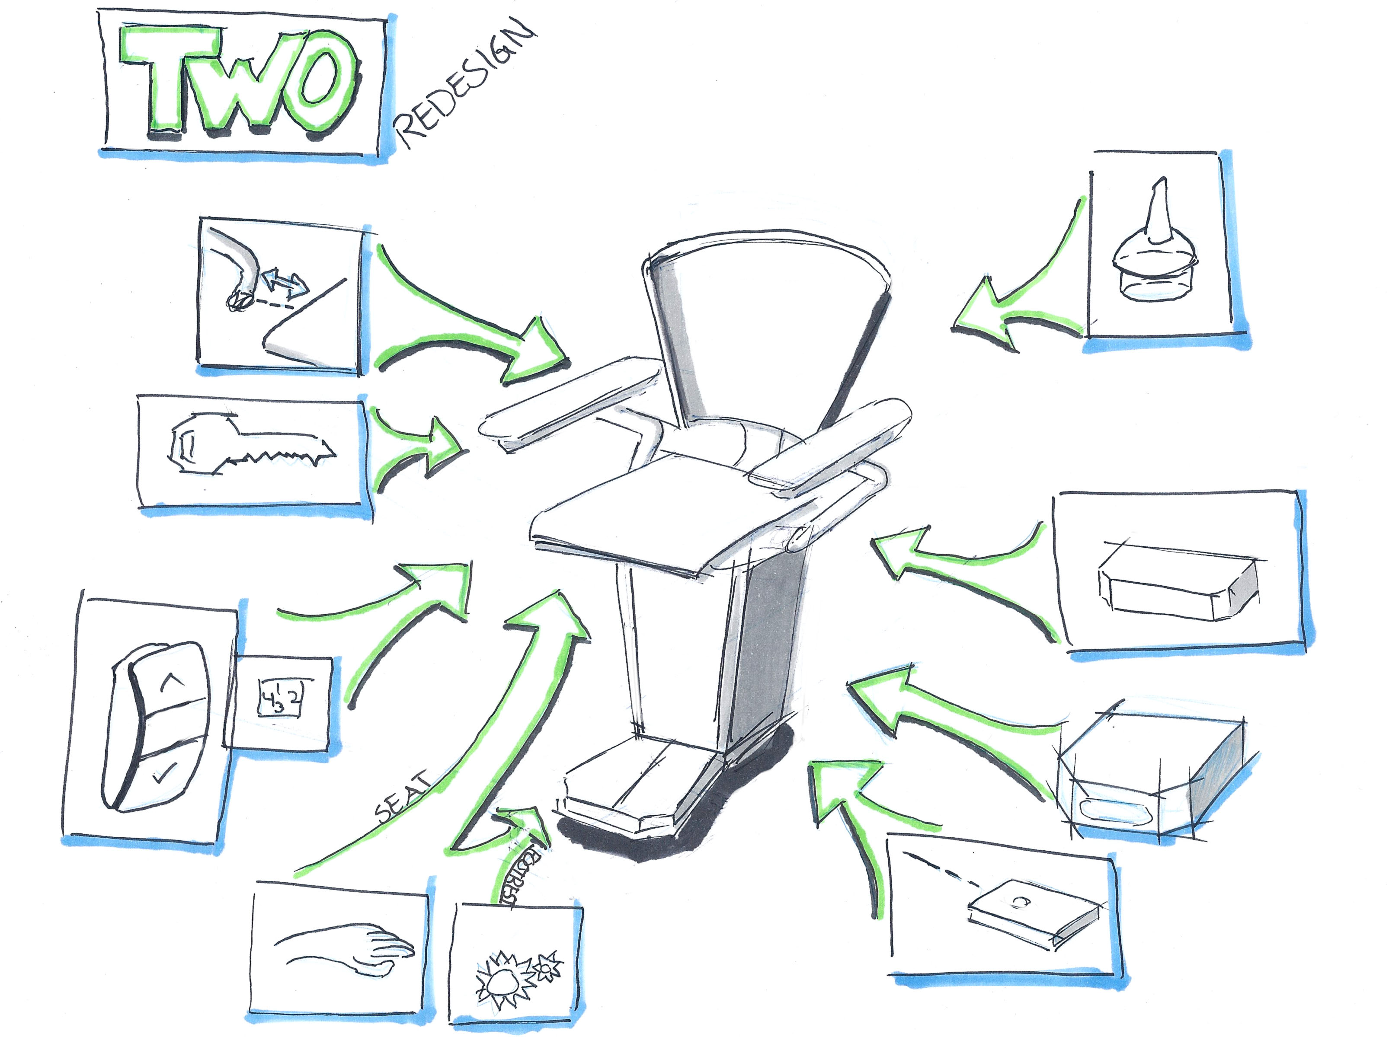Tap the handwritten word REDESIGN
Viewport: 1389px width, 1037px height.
465,85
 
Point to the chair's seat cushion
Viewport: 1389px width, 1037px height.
653,508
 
